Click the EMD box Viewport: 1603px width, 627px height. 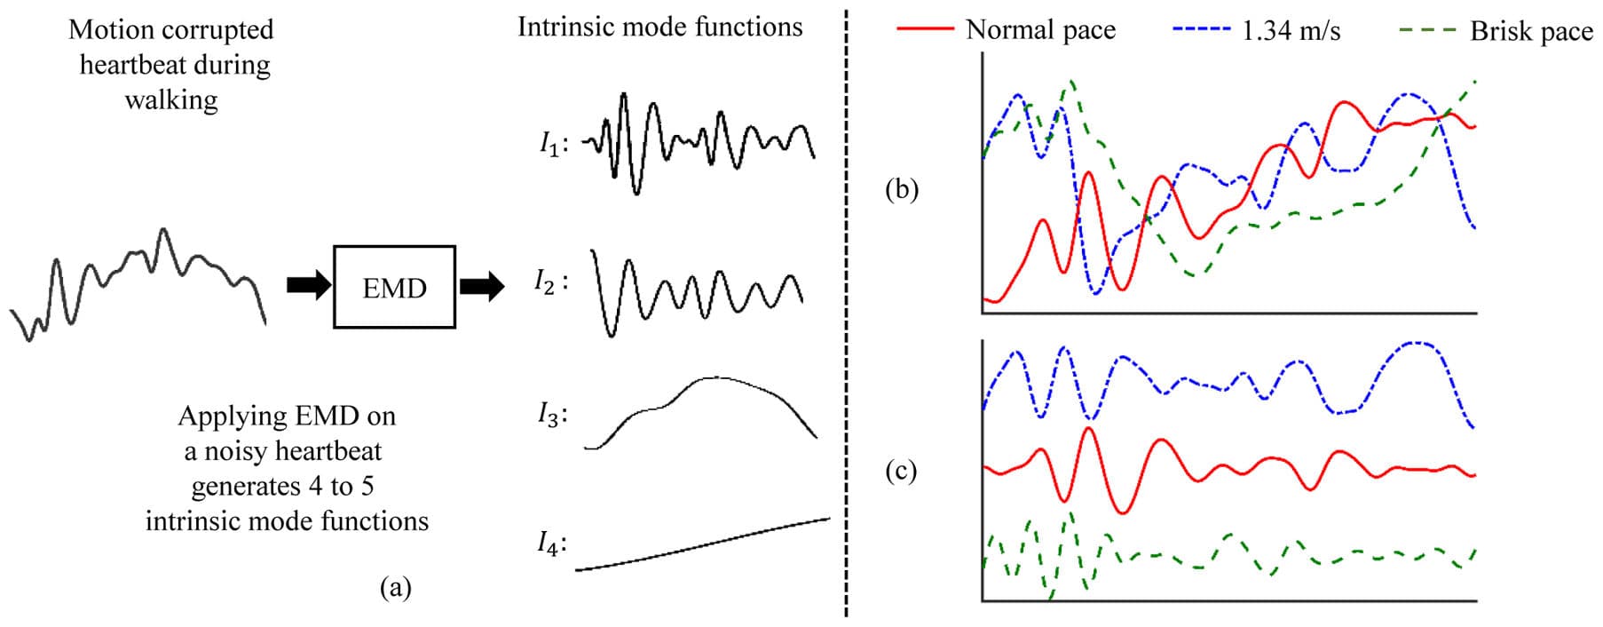coord(394,287)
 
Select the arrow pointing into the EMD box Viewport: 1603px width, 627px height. coord(308,286)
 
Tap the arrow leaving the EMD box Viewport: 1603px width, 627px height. coord(481,286)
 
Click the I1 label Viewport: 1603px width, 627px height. coord(551,143)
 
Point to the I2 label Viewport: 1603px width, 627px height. coord(548,282)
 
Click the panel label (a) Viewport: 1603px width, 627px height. coord(395,587)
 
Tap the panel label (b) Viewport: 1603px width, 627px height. coord(902,189)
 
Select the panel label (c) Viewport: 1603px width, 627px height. coord(901,470)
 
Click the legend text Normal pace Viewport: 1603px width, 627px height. coord(1040,30)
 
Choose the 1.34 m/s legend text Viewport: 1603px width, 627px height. coord(1291,31)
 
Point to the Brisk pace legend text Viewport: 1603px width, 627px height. coord(1531,31)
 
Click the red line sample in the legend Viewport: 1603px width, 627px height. coord(925,29)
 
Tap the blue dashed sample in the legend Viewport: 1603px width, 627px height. coord(1201,29)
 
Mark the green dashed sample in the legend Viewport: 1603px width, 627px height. coord(1427,29)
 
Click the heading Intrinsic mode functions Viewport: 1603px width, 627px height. coord(659,27)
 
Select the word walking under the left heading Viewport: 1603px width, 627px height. coord(171,99)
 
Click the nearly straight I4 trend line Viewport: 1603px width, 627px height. coord(701,544)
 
